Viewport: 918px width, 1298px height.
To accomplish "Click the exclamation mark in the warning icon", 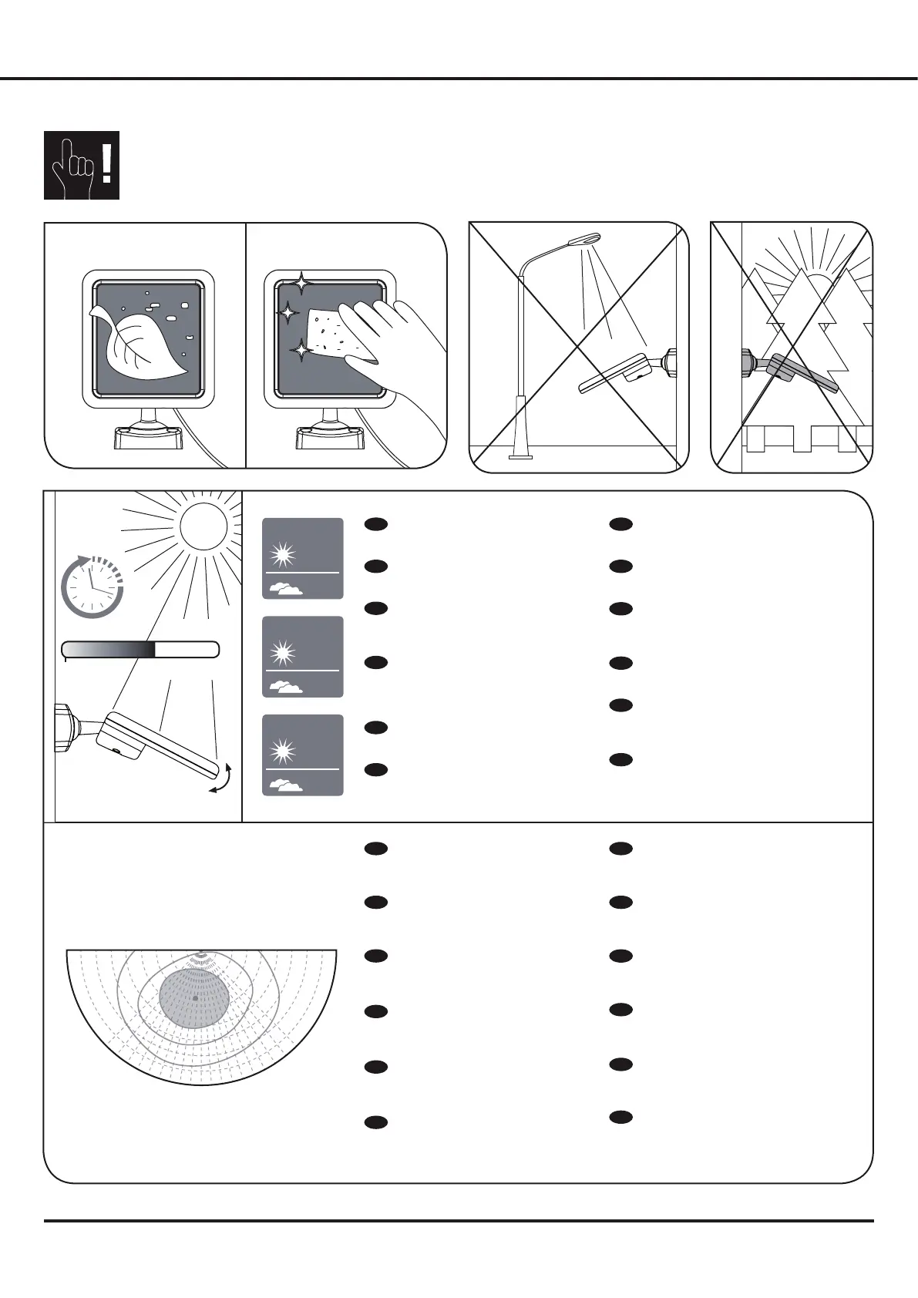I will pos(106,164).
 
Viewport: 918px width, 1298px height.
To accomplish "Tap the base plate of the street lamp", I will pos(520,456).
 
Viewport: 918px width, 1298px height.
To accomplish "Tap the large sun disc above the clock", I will pos(203,526).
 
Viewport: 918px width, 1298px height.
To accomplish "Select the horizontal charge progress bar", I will pos(140,650).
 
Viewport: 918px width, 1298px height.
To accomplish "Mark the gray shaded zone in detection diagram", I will pos(195,997).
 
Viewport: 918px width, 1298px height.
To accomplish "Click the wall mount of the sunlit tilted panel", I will pos(66,720).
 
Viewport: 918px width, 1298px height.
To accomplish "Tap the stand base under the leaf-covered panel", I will pos(147,438).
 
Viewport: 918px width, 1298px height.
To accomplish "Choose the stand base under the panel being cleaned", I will pos(330,438).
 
